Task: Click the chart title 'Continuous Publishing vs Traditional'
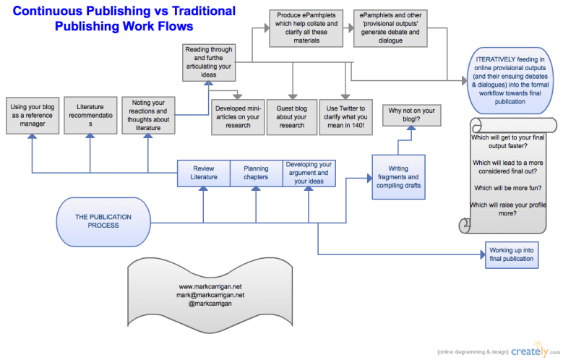(124, 12)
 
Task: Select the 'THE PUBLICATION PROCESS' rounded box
(103, 220)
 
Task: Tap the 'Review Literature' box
(203, 173)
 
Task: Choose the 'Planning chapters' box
(256, 173)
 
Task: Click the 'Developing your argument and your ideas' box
(309, 173)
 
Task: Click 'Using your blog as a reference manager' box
(33, 115)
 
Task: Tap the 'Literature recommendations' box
(90, 115)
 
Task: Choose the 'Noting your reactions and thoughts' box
(148, 115)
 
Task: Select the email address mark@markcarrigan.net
(210, 295)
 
